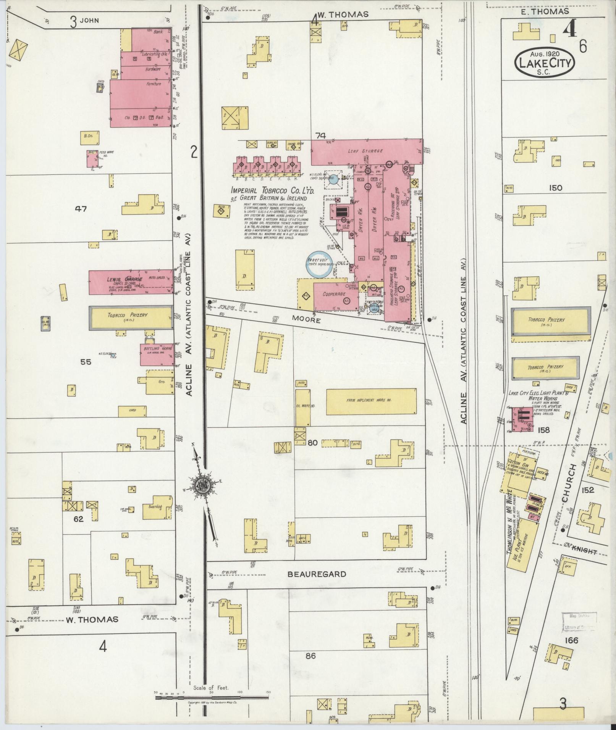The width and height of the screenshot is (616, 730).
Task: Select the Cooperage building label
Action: tap(334, 294)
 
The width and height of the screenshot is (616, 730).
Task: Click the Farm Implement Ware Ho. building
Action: tap(370, 401)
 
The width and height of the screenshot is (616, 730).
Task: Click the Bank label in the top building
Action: tap(158, 32)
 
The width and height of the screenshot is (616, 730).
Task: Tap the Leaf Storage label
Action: tap(365, 151)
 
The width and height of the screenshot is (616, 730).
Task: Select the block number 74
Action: tap(320, 135)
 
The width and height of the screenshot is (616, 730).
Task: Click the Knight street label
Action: tap(585, 551)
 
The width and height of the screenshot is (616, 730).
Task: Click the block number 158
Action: tap(543, 430)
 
